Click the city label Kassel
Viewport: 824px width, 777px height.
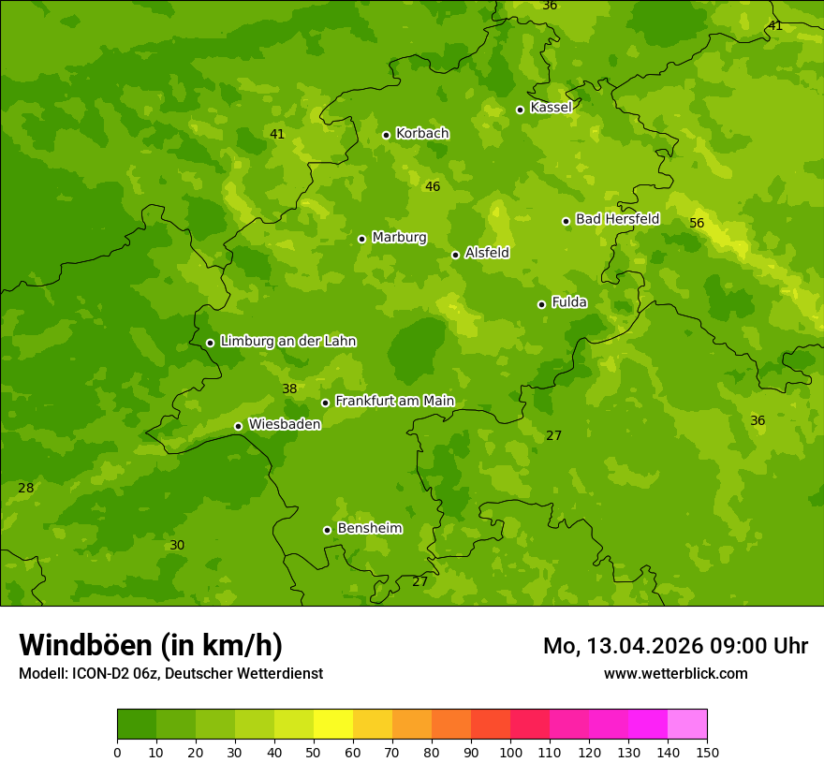[x=551, y=108]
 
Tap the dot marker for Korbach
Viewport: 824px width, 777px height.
[x=386, y=135]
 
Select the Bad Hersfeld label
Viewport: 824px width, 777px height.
[x=617, y=219]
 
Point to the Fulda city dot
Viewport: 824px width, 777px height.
[x=541, y=304]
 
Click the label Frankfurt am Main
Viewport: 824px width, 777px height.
[x=394, y=401]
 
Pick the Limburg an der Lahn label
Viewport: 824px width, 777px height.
[x=287, y=342]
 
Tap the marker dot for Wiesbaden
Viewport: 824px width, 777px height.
[x=238, y=426]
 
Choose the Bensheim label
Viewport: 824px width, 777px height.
[x=369, y=529]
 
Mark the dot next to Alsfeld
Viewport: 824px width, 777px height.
[x=455, y=255]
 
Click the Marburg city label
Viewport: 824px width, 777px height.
[x=399, y=238]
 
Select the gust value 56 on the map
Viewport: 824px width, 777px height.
[x=697, y=223]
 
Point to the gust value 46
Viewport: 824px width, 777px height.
[x=432, y=187]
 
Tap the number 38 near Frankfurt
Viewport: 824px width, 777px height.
[x=289, y=389]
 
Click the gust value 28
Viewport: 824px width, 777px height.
[x=25, y=489]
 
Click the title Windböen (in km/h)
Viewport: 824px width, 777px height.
[x=151, y=645]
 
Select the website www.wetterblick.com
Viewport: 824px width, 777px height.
[x=675, y=674]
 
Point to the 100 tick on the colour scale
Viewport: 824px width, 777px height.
[x=510, y=752]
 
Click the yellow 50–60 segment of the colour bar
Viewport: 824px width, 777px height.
[x=332, y=725]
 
